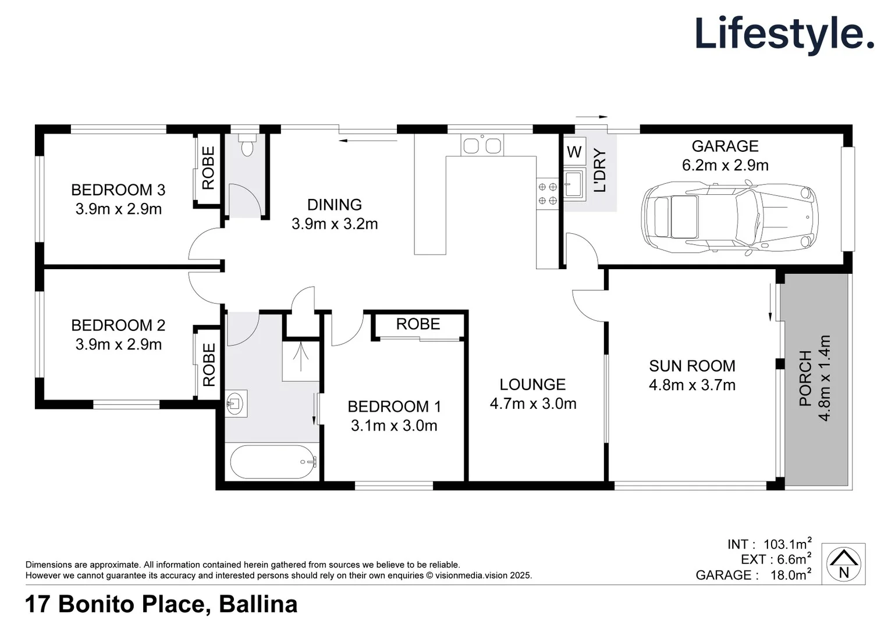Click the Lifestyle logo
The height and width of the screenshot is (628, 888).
tap(784, 34)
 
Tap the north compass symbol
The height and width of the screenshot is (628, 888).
tap(843, 563)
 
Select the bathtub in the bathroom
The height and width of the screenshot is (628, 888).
tap(273, 462)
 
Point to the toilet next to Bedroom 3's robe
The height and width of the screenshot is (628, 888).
tap(247, 147)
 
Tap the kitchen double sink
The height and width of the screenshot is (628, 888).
tap(482, 145)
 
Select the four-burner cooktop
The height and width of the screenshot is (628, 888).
tap(547, 194)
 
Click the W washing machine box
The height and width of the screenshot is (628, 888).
tap(574, 152)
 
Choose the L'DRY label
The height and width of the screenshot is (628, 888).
tap(600, 171)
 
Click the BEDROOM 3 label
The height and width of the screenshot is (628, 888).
tap(118, 190)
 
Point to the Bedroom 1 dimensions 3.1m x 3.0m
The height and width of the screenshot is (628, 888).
tap(394, 426)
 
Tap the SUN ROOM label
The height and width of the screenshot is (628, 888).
tap(692, 366)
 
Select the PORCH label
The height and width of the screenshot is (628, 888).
tap(805, 378)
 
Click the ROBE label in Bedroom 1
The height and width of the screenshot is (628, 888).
tap(418, 324)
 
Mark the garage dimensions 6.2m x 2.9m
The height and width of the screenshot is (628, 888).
tap(725, 165)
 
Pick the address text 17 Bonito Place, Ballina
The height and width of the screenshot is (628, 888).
tap(161, 605)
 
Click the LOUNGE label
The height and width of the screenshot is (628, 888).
tap(532, 384)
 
